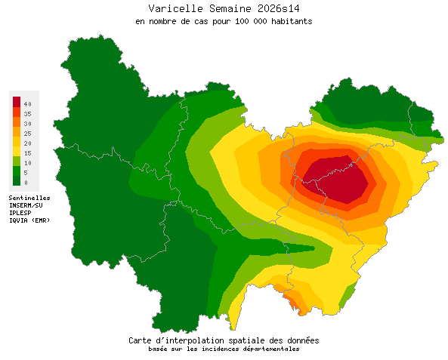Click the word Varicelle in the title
click(174, 8)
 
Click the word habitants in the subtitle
click(288, 21)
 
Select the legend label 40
click(26, 103)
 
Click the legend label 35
click(26, 113)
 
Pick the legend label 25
click(26, 133)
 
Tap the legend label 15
click(26, 152)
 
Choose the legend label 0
click(25, 182)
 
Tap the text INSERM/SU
click(26, 205)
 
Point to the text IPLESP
click(20, 212)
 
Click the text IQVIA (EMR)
click(29, 220)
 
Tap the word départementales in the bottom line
click(270, 349)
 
